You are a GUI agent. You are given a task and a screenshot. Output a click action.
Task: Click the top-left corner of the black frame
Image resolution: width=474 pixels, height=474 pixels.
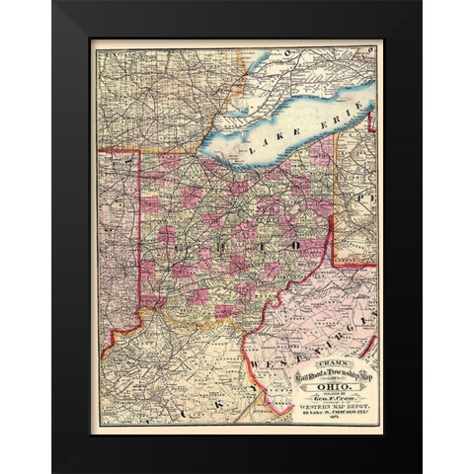(53, 2)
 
